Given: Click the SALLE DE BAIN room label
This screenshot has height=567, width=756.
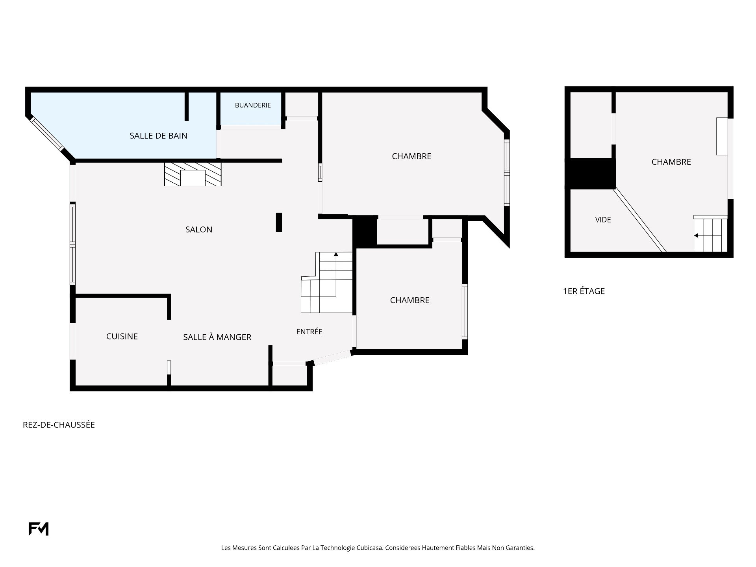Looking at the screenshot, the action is [158, 136].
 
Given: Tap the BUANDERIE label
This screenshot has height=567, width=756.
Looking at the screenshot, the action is [253, 105].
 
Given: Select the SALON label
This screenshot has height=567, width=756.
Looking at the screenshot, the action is [199, 230].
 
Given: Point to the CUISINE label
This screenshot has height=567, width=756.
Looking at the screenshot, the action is [122, 336].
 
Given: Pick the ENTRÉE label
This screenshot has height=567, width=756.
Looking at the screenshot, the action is [309, 332].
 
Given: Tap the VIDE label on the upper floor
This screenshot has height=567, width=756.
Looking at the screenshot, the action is [603, 220].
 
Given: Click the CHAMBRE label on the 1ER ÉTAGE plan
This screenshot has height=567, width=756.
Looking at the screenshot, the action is [671, 162].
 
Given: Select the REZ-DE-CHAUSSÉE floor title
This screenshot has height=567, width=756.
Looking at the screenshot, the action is [59, 424].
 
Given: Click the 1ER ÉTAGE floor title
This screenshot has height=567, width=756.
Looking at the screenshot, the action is [584, 291].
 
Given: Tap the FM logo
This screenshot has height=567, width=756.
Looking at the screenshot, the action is [39, 529].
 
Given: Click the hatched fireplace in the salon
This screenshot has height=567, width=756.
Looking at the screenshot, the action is [193, 174].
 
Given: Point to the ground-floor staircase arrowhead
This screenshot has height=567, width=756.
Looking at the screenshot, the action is [336, 254].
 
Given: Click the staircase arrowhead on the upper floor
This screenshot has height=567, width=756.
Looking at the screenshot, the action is [696, 235].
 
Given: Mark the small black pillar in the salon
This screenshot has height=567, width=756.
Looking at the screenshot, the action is [279, 222].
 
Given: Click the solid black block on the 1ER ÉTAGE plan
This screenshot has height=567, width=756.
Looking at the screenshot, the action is [590, 174].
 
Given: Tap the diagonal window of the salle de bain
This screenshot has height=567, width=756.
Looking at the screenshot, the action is [48, 134].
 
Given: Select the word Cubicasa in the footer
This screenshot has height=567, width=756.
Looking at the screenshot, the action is [370, 548].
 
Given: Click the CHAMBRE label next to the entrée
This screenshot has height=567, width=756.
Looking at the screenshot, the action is [410, 300].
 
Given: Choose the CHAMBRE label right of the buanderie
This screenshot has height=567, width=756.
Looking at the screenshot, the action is [412, 156].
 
